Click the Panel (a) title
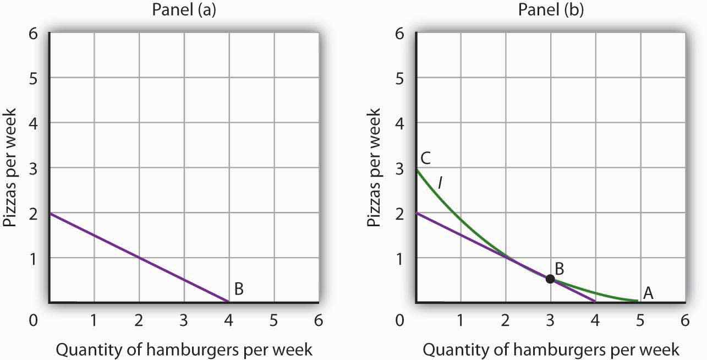tap(183, 10)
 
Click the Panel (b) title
tap(550, 10)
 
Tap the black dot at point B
tap(550, 279)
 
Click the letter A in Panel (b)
tap(648, 294)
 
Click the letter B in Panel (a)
tap(239, 288)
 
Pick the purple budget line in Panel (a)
tap(139, 257)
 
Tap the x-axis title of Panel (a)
tap(183, 349)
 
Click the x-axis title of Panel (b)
tap(550, 349)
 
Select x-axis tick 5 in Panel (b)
tap(640, 320)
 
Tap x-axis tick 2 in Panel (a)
tap(139, 320)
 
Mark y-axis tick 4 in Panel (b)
tap(400, 123)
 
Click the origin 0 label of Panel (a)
tap(35, 320)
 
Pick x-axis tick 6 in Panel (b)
tap(685, 320)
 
